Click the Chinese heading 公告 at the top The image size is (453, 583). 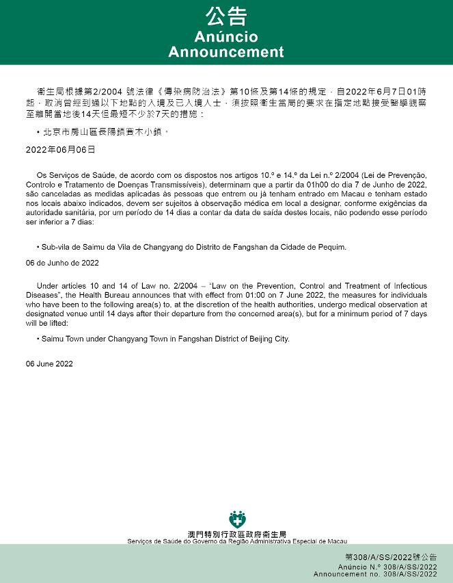pos(226,16)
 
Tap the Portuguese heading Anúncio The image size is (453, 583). pos(226,36)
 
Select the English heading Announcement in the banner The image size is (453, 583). pos(226,52)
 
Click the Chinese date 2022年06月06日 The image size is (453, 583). pos(60,148)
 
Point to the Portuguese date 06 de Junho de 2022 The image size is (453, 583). pos(62,262)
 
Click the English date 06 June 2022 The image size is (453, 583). pos(49,363)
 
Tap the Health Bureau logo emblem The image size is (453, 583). pos(237,519)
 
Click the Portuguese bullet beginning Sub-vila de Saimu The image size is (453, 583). pos(191,246)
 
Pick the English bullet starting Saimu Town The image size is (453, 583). pos(165,339)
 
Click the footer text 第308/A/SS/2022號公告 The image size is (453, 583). pos(391,558)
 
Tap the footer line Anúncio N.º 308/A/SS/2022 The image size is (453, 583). pos(387,567)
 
